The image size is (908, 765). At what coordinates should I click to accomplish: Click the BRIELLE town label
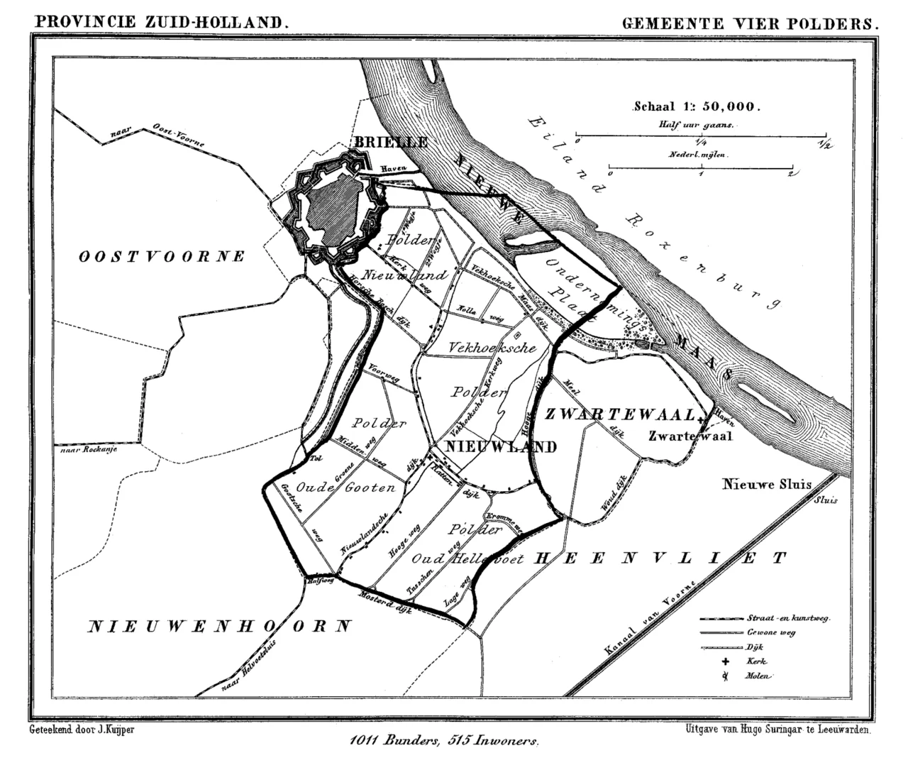click(391, 142)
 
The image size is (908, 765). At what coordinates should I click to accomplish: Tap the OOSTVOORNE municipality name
click(162, 256)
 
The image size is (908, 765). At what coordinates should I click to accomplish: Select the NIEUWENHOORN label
click(220, 626)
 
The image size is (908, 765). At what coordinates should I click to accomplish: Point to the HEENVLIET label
click(660, 558)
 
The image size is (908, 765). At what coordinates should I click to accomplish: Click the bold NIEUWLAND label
click(500, 446)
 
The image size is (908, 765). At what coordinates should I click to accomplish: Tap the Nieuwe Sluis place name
click(767, 485)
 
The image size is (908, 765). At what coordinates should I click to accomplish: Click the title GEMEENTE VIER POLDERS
click(750, 23)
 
